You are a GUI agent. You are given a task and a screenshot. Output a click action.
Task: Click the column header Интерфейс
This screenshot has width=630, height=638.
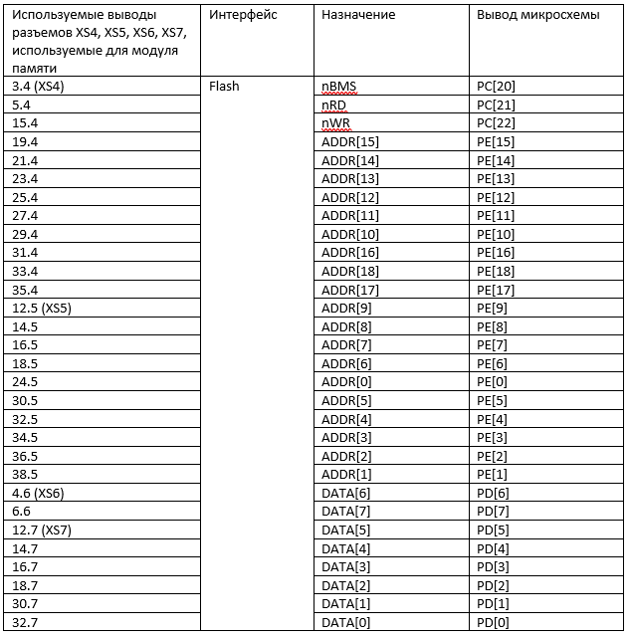[243, 15]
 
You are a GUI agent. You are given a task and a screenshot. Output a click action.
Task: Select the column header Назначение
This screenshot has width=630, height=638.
[358, 15]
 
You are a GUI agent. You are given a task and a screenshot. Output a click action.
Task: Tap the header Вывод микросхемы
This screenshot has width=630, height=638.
[537, 15]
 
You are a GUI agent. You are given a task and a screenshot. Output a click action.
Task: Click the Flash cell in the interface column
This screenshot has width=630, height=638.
[224, 87]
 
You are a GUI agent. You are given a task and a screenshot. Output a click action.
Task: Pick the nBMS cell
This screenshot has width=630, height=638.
[339, 87]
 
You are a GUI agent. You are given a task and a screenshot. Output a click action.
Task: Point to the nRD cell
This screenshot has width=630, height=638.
[333, 105]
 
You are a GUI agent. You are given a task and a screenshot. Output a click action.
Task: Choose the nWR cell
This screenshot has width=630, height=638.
[335, 123]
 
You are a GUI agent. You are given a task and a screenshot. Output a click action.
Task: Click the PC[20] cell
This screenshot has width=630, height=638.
[496, 87]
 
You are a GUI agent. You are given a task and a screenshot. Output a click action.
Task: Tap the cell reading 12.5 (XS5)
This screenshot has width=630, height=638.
[42, 308]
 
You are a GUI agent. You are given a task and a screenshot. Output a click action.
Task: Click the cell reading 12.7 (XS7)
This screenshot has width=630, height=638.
[42, 530]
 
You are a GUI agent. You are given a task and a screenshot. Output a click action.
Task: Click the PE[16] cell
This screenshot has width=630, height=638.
[496, 253]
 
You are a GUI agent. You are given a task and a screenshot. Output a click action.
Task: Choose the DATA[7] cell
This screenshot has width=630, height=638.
[346, 511]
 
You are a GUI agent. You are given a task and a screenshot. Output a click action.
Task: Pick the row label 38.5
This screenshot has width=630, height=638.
[25, 474]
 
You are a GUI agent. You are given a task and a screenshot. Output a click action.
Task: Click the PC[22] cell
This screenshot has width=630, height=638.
[496, 123]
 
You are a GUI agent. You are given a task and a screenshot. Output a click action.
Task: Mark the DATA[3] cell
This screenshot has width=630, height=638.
[346, 566]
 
